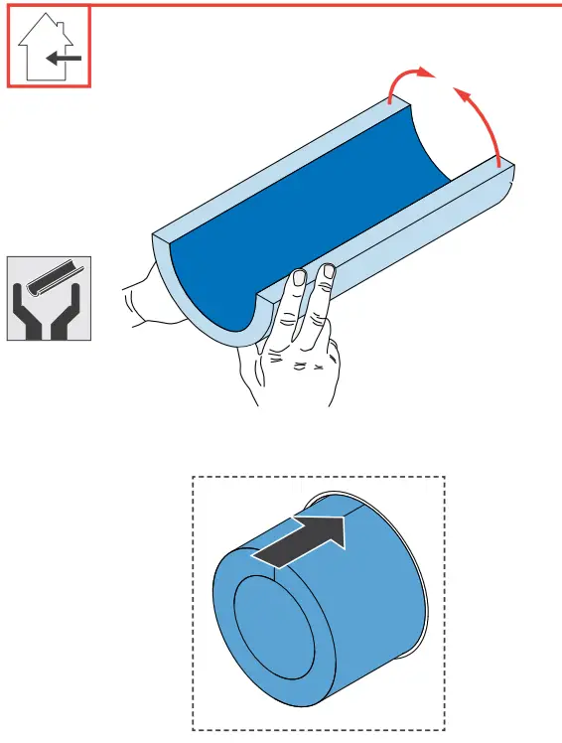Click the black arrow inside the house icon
(64, 58)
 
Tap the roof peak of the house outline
(49, 18)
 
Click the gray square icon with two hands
(50, 298)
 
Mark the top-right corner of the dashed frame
(445, 477)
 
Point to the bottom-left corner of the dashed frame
(192, 730)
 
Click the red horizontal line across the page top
(328, 6)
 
